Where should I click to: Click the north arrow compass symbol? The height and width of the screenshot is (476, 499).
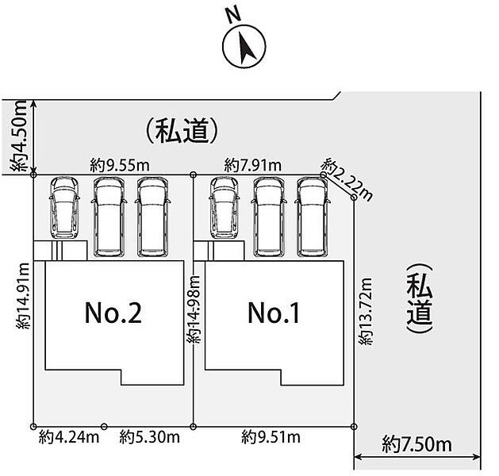click(x=244, y=46)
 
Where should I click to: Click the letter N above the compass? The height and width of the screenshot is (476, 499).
click(x=233, y=14)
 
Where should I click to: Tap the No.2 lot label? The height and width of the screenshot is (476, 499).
click(x=113, y=313)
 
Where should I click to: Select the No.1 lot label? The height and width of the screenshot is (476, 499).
click(x=274, y=313)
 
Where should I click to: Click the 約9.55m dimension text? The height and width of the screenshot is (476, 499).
click(x=120, y=166)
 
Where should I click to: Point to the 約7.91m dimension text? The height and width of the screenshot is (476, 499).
click(x=253, y=166)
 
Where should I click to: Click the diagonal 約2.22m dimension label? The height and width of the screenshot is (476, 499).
click(x=347, y=180)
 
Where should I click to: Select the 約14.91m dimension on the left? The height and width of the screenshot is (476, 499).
click(x=23, y=296)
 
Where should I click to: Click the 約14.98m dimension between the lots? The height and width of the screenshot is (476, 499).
click(x=194, y=309)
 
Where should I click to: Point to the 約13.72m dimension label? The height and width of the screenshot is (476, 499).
click(x=366, y=311)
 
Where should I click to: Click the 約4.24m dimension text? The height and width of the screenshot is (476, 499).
click(x=69, y=437)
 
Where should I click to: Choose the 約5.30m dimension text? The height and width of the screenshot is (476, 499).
click(x=150, y=437)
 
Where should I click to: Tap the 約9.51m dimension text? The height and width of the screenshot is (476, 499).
click(x=271, y=437)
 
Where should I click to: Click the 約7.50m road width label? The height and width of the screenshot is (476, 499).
click(x=417, y=444)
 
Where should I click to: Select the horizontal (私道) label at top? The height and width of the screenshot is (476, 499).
click(x=182, y=131)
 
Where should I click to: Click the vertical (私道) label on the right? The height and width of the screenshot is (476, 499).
click(x=420, y=298)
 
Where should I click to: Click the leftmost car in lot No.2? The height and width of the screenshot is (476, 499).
click(x=64, y=208)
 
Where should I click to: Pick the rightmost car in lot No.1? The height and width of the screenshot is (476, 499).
click(x=313, y=217)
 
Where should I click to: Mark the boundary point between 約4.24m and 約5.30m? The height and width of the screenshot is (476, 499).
click(x=104, y=426)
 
